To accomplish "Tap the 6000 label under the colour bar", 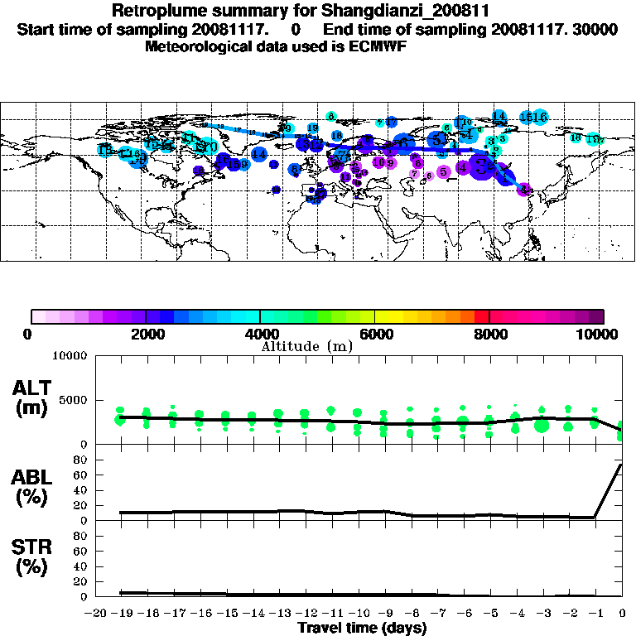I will tap(374, 334).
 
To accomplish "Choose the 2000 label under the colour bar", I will tap(146, 334).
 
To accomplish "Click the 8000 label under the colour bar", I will tap(489, 334).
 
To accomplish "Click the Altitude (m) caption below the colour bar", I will tap(306, 346).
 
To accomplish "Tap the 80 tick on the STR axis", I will tap(81, 536).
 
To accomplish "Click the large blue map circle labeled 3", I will tap(480, 166).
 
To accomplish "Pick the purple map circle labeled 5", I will tap(444, 171).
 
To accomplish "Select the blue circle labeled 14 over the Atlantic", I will tap(259, 154).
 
